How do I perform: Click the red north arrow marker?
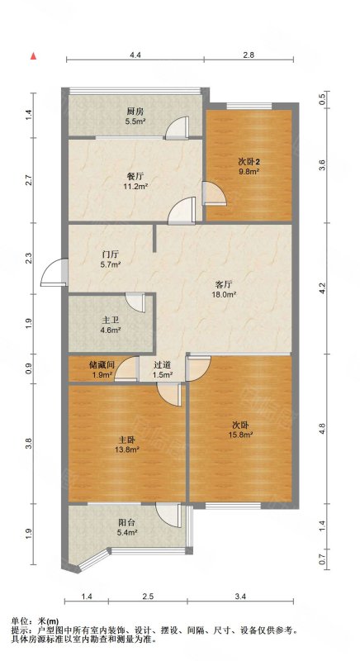click(x=33, y=56)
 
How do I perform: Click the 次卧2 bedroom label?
click(x=248, y=161)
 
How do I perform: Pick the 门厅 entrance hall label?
click(x=111, y=254)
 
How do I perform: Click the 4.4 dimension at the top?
click(x=135, y=55)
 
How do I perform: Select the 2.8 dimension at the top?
click(x=249, y=55)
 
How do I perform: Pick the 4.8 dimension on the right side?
click(x=322, y=428)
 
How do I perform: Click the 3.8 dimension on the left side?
click(x=28, y=443)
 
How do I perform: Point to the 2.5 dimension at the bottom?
click(x=148, y=597)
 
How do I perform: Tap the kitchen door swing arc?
click(x=177, y=127)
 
